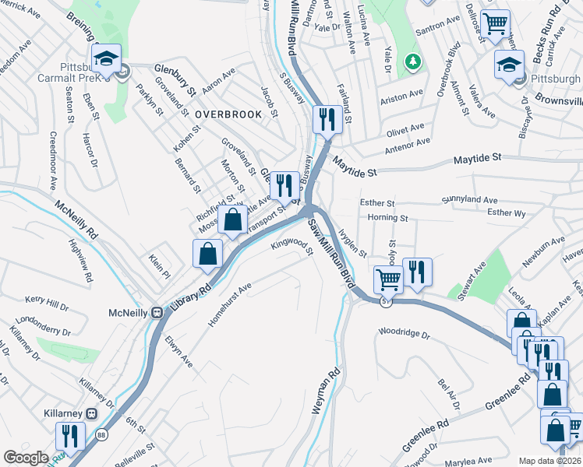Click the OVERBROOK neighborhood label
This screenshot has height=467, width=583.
pyautogui.click(x=228, y=114)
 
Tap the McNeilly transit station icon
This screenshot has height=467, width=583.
pyautogui.click(x=157, y=312)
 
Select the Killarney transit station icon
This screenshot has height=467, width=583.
pyautogui.click(x=91, y=413)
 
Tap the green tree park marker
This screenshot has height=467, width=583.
pyautogui.click(x=411, y=61)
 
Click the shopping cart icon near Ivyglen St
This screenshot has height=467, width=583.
pyautogui.click(x=387, y=279)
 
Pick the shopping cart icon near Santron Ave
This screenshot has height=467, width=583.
pyautogui.click(x=495, y=24)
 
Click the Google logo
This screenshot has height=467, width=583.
pyautogui.click(x=26, y=458)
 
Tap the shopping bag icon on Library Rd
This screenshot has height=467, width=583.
pyautogui.click(x=207, y=254)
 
